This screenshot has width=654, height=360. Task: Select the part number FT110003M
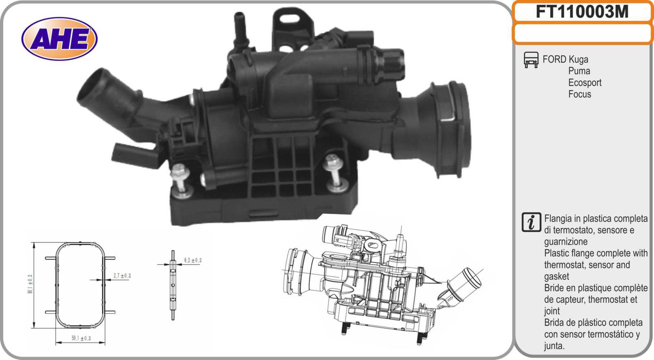click(x=582, y=12)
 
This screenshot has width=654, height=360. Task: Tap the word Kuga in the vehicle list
click(x=578, y=59)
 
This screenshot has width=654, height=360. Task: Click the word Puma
click(x=579, y=71)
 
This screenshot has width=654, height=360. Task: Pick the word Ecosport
click(x=585, y=83)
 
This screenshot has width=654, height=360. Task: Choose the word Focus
click(x=580, y=94)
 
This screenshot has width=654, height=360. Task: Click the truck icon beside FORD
click(x=531, y=60)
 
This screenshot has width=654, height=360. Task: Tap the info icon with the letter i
click(x=531, y=222)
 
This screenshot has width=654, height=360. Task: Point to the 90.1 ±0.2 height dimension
click(x=30, y=284)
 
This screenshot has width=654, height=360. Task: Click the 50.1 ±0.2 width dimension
click(x=81, y=338)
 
